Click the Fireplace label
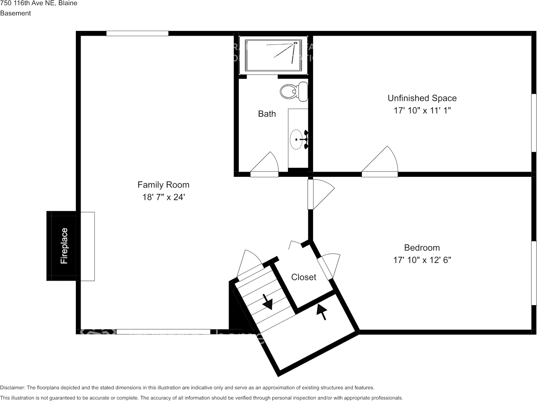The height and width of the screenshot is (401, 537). coord(64,246)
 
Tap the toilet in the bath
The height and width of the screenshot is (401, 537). coord(294,91)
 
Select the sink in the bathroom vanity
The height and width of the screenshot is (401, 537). coord(296,139)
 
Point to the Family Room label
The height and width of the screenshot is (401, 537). coord(163,185)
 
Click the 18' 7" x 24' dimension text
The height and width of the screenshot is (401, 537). coord(163,197)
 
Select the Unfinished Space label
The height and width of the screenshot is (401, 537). coord(422,98)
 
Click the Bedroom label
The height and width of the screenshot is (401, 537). coord(422,248)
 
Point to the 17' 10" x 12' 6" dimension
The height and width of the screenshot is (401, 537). coord(422,260)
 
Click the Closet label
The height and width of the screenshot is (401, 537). coord(304,277)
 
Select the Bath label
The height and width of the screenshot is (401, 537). coord(267,114)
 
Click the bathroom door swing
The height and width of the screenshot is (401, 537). coord(266,164)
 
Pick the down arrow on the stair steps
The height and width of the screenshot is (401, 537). coord(267,302)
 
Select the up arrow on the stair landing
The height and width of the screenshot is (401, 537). coord(322,312)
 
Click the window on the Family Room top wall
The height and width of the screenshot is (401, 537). coord(137,33)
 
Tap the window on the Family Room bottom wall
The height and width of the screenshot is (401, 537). coord(163,332)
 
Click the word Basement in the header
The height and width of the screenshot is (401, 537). coord(15,13)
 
